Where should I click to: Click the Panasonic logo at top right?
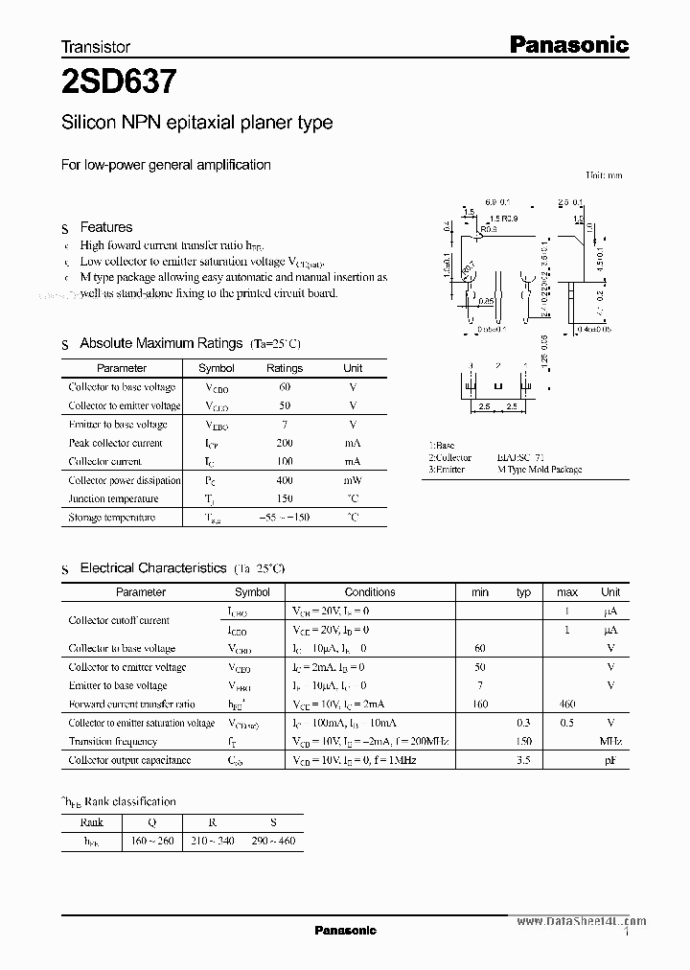tap(567, 44)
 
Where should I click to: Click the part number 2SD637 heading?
tap(118, 83)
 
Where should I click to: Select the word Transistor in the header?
tap(95, 46)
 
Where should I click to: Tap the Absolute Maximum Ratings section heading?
tap(161, 343)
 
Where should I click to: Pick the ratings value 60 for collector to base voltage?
tap(285, 387)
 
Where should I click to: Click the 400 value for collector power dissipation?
tap(285, 480)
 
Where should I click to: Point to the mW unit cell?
tap(353, 480)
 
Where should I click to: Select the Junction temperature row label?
tap(113, 499)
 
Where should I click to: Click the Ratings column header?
tap(285, 368)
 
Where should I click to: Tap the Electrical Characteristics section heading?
tap(152, 568)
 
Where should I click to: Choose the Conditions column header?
tap(369, 592)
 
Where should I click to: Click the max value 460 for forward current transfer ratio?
tap(567, 704)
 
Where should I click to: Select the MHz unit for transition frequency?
tap(610, 742)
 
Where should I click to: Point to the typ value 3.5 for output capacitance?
tap(523, 760)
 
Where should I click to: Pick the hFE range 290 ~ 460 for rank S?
tap(273, 842)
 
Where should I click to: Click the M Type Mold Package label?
tap(540, 470)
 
